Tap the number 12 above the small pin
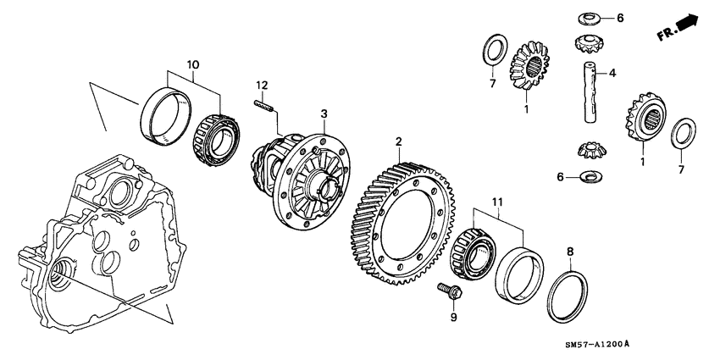pos(263,85)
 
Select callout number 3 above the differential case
pos(323,113)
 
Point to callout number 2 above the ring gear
pos(399,141)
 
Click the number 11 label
pos(496,202)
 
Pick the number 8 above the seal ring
pos(569,252)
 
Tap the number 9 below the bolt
pos(452,318)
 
